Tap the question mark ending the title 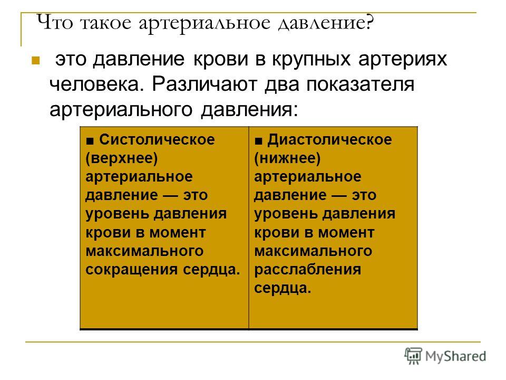pos(370,23)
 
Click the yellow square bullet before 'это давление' pos(35,60)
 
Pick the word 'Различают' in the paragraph pos(205,84)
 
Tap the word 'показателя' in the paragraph pos(360,84)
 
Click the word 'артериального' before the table pos(121,110)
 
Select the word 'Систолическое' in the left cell pos(157,139)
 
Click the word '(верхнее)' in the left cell pos(122,158)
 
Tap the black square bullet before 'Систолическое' pos(90,141)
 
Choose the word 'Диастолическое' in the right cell pos(329,139)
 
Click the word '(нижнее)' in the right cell pos(287,158)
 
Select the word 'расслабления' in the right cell pos(307,270)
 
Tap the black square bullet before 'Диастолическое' pos(258,141)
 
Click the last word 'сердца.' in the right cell pos(283,288)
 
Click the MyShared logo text pos(455,356)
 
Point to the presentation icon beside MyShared pos(413,356)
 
